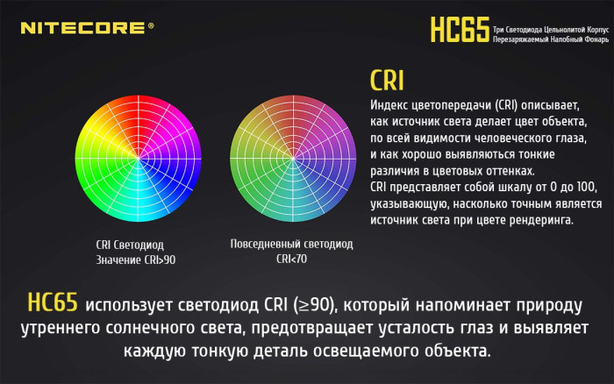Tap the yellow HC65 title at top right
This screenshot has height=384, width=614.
point(459,29)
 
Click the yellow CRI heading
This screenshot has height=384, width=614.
point(386,82)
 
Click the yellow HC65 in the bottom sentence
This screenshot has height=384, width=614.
point(53,303)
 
